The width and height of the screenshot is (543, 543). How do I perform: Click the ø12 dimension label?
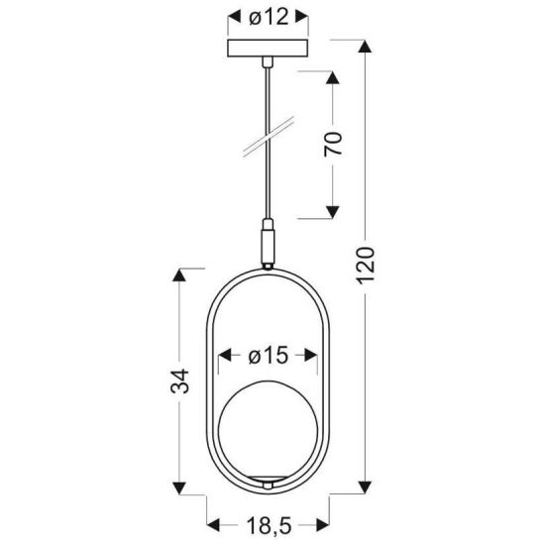click(268, 16)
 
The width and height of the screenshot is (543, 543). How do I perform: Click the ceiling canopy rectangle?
click(268, 49)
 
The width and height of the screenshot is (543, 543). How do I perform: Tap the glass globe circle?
click(269, 432)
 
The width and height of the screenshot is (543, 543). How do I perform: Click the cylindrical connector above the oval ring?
click(268, 242)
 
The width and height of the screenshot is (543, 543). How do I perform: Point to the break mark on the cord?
click(268, 138)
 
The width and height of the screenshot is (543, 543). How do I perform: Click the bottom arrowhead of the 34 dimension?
click(180, 487)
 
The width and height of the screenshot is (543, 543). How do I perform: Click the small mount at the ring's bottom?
click(268, 484)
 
